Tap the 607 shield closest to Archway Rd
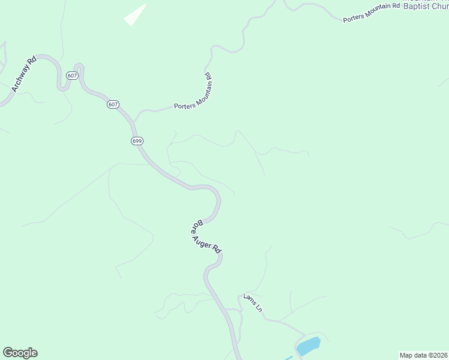click(72, 76)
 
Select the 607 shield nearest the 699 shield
click(113, 104)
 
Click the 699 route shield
click(136, 140)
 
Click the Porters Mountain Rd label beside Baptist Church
click(371, 13)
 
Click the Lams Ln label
click(253, 302)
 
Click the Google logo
click(20, 353)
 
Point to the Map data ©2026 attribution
click(423, 355)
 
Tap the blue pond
click(308, 346)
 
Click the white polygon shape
click(135, 16)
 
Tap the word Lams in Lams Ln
click(250, 299)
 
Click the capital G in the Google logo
click(8, 353)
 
